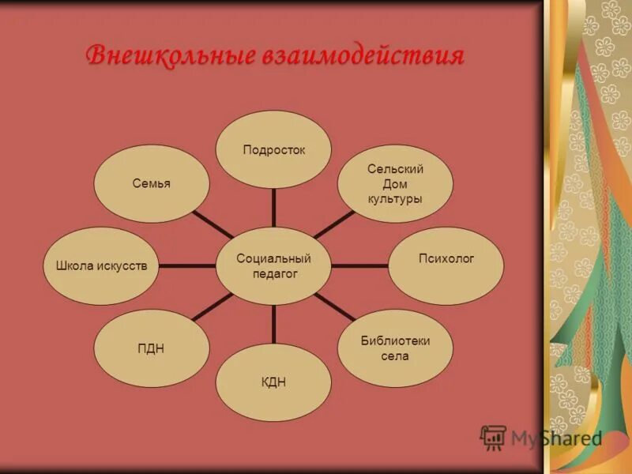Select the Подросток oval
pos(273,149)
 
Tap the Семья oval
pos(152,183)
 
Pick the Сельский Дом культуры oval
pos(395,183)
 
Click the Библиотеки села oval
pos(395,348)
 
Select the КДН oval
pos(273,382)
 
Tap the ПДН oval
pos(152,348)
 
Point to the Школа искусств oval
pos(101,266)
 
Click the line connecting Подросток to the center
pos(273,208)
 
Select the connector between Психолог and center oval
pos(360,266)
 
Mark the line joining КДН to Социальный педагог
pos(273,324)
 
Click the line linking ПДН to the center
pos(212,307)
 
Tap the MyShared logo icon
pos(493,438)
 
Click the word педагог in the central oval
pos(273,274)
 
